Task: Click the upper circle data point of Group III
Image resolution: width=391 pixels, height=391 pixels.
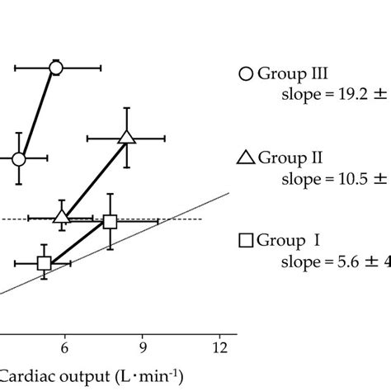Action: click(56, 68)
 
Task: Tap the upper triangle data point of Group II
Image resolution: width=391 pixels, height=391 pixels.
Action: click(126, 137)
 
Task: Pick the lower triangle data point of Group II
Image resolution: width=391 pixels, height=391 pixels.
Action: click(62, 216)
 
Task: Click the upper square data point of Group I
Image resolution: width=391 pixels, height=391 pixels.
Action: click(110, 221)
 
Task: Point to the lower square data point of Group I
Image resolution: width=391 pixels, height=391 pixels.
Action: click(45, 263)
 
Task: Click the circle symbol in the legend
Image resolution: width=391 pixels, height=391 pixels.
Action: click(245, 74)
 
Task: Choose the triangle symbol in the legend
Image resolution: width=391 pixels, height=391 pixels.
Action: click(245, 158)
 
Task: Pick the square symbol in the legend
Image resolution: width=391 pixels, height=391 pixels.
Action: click(245, 241)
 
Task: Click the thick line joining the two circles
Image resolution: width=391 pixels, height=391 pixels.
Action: click(38, 113)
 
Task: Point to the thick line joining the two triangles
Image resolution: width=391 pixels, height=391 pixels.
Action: click(94, 177)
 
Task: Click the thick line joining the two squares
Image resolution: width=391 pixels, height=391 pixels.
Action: click(77, 243)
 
